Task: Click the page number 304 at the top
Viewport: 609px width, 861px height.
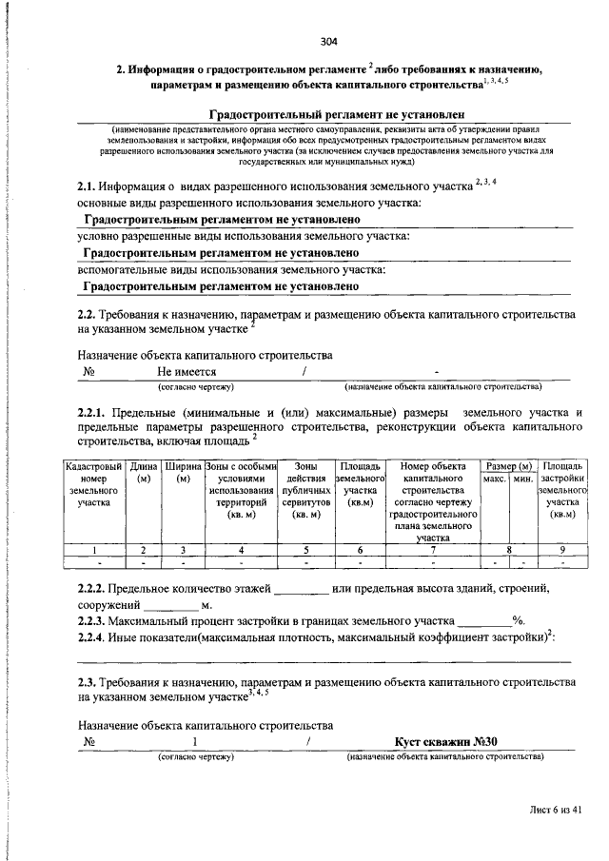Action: (x=329, y=41)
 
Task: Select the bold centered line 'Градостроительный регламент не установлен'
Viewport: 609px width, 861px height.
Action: (x=329, y=114)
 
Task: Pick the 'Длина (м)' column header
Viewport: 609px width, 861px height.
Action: (x=144, y=472)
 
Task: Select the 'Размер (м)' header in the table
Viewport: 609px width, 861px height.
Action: (x=508, y=465)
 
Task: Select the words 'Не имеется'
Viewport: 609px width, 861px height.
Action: (x=187, y=372)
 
